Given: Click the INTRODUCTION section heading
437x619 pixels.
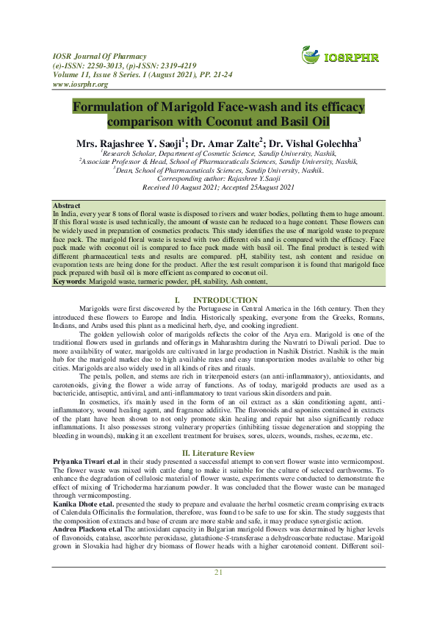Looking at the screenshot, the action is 225,300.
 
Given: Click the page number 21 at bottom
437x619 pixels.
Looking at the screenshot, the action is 218,593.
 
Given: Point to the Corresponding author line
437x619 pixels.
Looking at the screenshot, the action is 218,178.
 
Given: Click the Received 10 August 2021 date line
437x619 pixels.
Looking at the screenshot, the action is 218,187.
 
